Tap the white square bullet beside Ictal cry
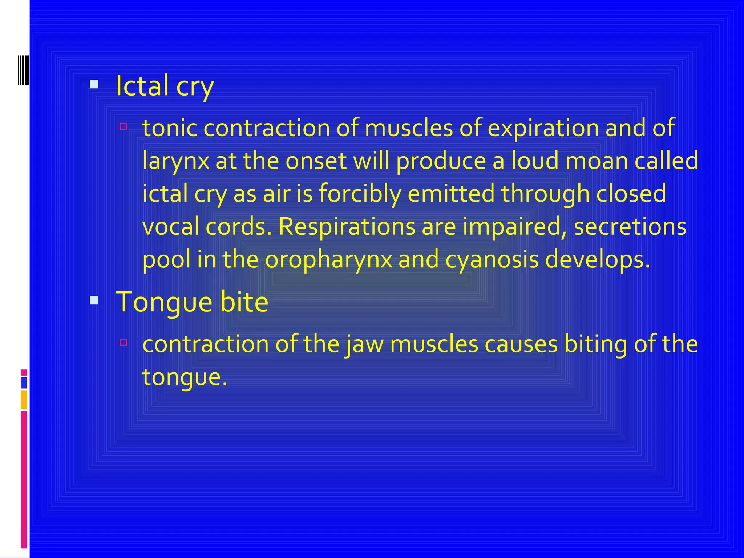(x=94, y=85)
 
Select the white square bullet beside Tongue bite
(x=94, y=300)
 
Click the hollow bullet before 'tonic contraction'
(x=124, y=126)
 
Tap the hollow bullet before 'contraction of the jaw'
(x=124, y=342)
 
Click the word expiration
(x=543, y=129)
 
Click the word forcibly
(x=360, y=194)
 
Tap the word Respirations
(x=347, y=227)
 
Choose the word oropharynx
(x=328, y=260)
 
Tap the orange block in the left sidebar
(x=24, y=400)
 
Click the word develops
(x=597, y=260)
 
